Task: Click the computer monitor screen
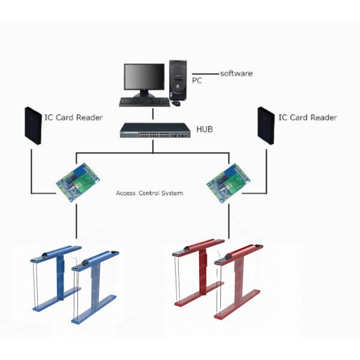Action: click(x=144, y=77)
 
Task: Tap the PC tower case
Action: click(x=178, y=80)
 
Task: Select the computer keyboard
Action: click(x=145, y=102)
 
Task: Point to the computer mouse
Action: click(x=176, y=103)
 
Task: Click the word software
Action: click(x=236, y=73)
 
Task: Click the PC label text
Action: click(x=197, y=80)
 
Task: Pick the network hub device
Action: click(x=155, y=130)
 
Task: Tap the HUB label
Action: click(x=205, y=129)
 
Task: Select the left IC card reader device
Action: click(x=33, y=126)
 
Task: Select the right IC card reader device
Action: click(x=266, y=126)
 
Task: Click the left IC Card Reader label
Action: click(x=73, y=118)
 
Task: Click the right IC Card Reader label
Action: click(x=308, y=118)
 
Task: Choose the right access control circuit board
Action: click(x=228, y=183)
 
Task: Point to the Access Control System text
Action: click(x=149, y=193)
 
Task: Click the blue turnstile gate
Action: click(x=75, y=284)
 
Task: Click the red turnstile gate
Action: click(x=218, y=279)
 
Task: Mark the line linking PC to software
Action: click(x=206, y=74)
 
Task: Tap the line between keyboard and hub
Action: click(x=153, y=114)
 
